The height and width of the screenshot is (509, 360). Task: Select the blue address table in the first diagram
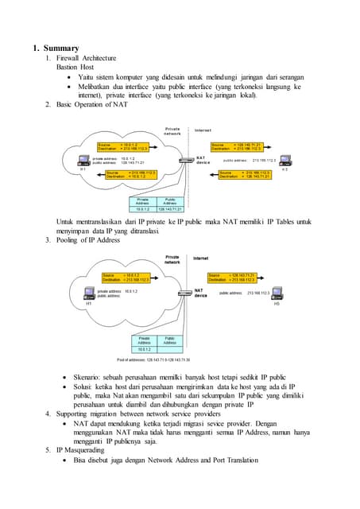pos(157,204)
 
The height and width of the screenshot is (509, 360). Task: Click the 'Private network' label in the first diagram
pos(172,130)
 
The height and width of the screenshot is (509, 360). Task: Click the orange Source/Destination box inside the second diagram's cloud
pos(123,277)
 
